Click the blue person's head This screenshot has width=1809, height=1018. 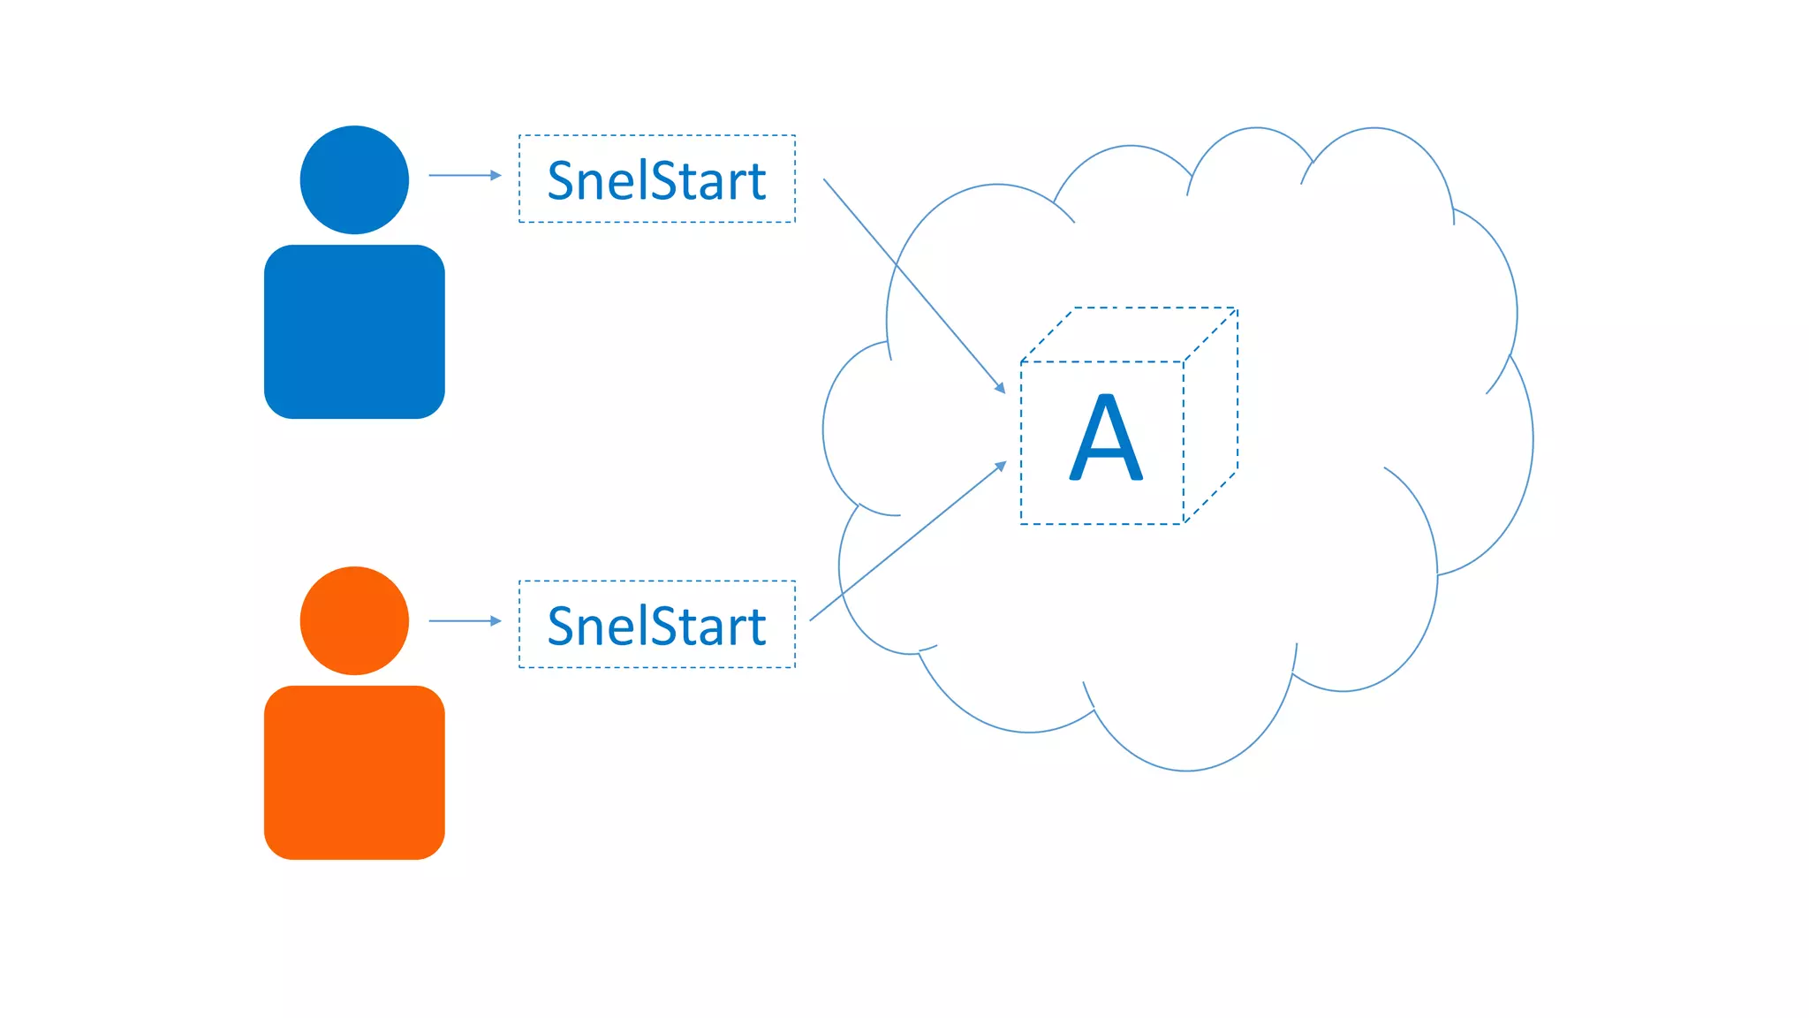pos(354,179)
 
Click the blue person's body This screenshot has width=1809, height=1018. pos(354,331)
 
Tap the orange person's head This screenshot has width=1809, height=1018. pos(354,620)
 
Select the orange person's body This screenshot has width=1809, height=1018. pos(354,772)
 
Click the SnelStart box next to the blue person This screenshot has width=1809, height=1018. pos(656,179)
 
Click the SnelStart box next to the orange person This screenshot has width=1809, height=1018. pos(656,624)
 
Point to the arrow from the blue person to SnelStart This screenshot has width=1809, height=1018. pos(465,176)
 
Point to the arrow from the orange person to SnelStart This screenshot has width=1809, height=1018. pos(465,621)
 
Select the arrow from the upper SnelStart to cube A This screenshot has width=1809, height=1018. pos(913,285)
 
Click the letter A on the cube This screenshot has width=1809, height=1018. pos(1106,437)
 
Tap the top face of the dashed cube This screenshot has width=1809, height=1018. pos(1129,335)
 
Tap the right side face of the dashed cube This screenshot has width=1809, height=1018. pos(1211,415)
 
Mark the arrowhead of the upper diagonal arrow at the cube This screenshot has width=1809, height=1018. pos(1000,387)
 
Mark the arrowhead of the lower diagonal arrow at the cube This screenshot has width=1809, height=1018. pos(1001,466)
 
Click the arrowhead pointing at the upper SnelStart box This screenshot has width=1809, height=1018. pos(496,176)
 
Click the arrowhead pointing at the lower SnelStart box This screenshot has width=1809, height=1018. pos(496,621)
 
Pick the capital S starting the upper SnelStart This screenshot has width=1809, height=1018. pos(561,180)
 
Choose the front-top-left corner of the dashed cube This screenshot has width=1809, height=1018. pos(1021,361)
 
